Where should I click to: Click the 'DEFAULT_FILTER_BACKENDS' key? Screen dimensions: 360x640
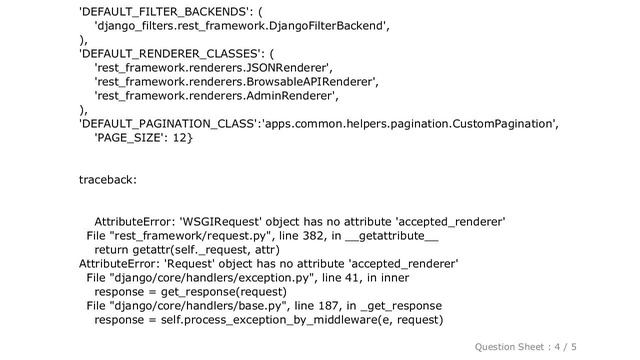click(160, 12)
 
